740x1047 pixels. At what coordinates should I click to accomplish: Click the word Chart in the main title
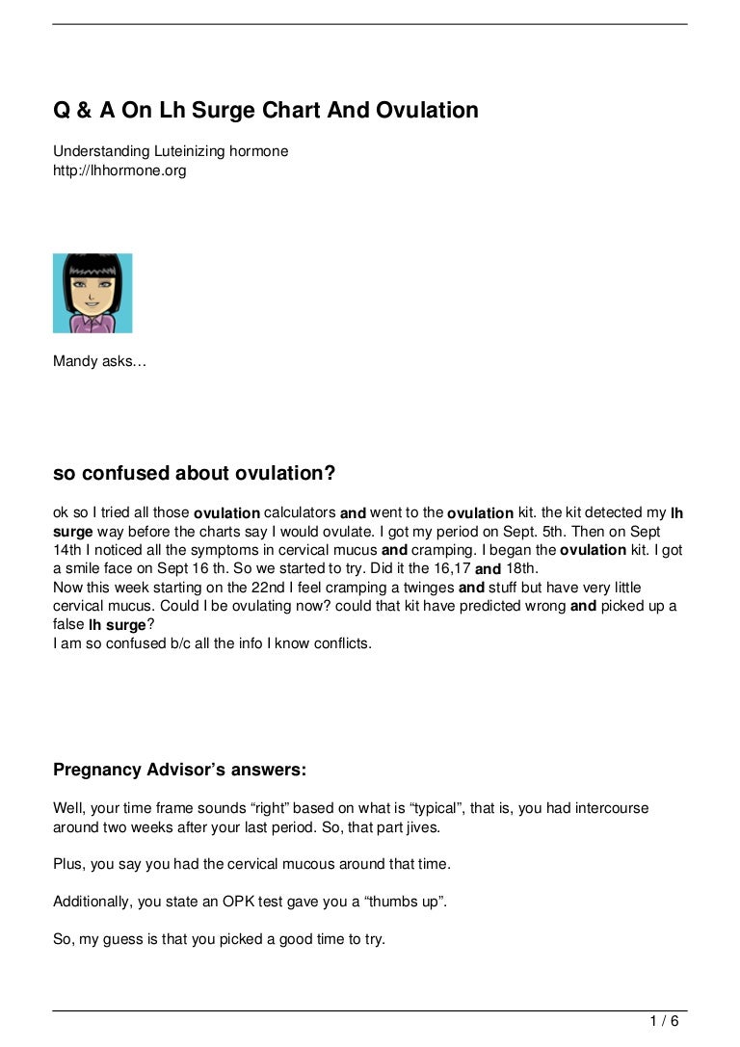click(289, 111)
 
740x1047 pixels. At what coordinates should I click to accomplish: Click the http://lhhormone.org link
click(119, 170)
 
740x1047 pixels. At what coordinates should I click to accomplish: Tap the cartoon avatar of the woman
click(92, 293)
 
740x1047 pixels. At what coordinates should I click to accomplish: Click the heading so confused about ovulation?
click(194, 473)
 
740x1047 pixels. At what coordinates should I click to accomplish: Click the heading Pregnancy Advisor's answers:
click(180, 770)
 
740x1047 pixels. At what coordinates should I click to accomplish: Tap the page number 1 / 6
click(665, 1021)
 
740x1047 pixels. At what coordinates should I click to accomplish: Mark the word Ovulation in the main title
click(421, 111)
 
